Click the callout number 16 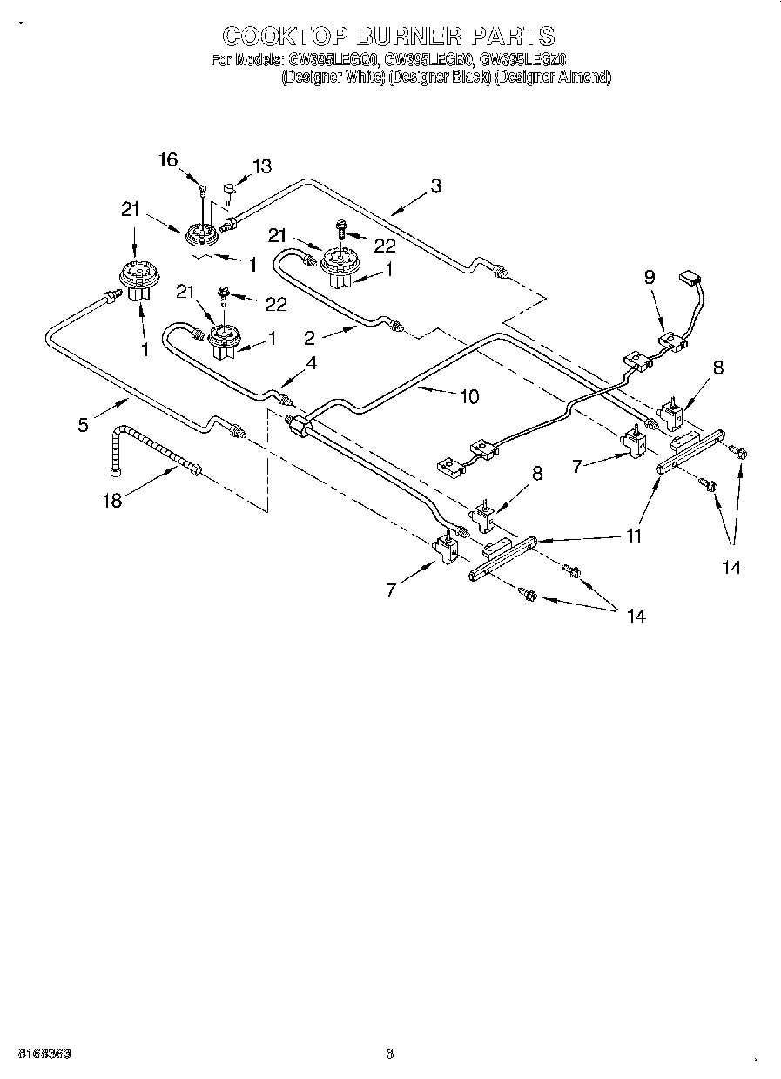(x=168, y=159)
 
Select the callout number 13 (x=261, y=166)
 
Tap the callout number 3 (x=435, y=185)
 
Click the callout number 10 (x=468, y=396)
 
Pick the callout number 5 (x=83, y=425)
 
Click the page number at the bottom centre (x=390, y=1053)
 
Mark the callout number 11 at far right (x=634, y=536)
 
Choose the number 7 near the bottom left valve (x=391, y=590)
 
